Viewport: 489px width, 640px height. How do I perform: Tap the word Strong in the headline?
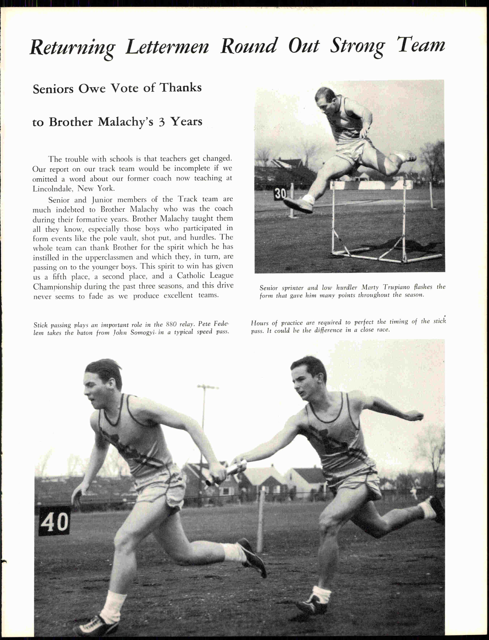click(357, 47)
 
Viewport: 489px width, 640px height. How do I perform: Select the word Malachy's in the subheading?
click(125, 122)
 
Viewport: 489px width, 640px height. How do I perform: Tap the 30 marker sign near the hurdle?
click(280, 193)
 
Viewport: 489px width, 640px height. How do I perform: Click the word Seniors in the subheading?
click(53, 89)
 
